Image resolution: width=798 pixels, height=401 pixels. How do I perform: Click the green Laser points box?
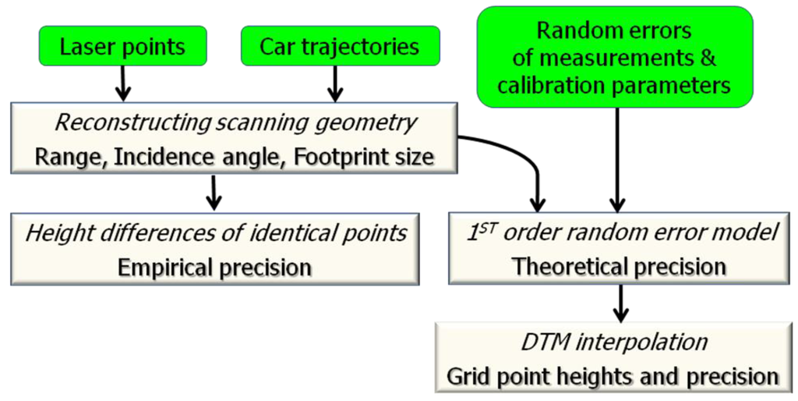pyautogui.click(x=122, y=46)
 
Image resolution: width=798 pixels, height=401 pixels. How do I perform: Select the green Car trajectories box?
pyautogui.click(x=340, y=46)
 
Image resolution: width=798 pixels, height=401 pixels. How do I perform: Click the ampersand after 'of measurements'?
pyautogui.click(x=704, y=58)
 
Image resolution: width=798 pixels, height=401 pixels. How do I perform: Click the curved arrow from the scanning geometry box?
pyautogui.click(x=514, y=156)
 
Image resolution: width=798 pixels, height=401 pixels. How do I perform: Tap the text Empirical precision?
pyautogui.click(x=214, y=267)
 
